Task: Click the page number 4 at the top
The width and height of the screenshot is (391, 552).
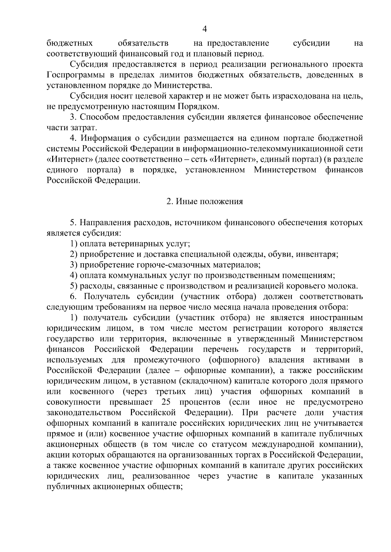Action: click(x=205, y=29)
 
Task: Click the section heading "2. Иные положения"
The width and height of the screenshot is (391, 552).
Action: click(x=205, y=201)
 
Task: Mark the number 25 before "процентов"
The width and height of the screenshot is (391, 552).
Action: click(x=166, y=402)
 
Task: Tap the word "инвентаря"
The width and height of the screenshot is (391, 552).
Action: click(x=321, y=254)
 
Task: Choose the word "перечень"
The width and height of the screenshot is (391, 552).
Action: click(x=221, y=349)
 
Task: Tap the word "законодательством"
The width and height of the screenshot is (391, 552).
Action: click(x=84, y=413)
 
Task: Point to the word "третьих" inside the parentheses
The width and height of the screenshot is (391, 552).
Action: click(x=171, y=391)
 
